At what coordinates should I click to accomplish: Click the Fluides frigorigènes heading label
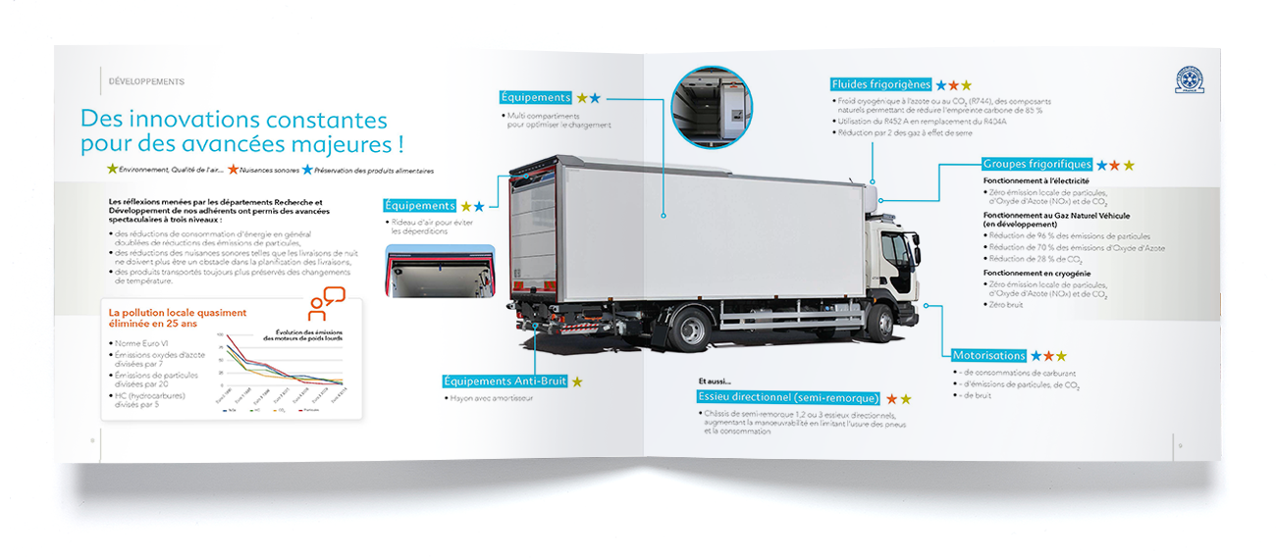pyautogui.click(x=880, y=84)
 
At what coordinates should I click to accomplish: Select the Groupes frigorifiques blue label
pyautogui.click(x=1037, y=165)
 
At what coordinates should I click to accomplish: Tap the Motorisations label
pyautogui.click(x=989, y=355)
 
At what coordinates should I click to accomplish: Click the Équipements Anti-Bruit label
pyautogui.click(x=505, y=381)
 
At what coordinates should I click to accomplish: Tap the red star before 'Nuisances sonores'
pyautogui.click(x=233, y=170)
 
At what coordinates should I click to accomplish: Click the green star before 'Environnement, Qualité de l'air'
pyautogui.click(x=112, y=170)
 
